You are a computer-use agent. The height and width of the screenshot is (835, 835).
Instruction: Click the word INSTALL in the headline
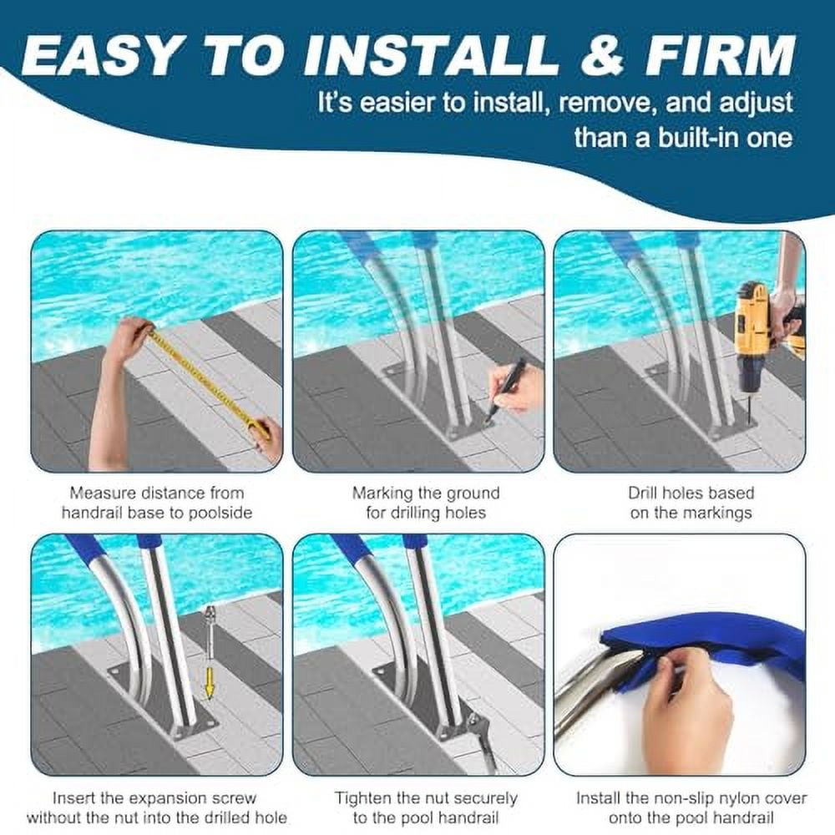[x=431, y=55]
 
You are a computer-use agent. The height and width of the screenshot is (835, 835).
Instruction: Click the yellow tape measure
[x=209, y=375]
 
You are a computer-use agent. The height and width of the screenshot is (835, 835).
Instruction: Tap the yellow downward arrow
[x=210, y=680]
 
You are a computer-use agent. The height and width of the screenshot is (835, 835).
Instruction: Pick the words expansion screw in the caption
[x=182, y=798]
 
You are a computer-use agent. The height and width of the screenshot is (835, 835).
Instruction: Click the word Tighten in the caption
[x=364, y=798]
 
